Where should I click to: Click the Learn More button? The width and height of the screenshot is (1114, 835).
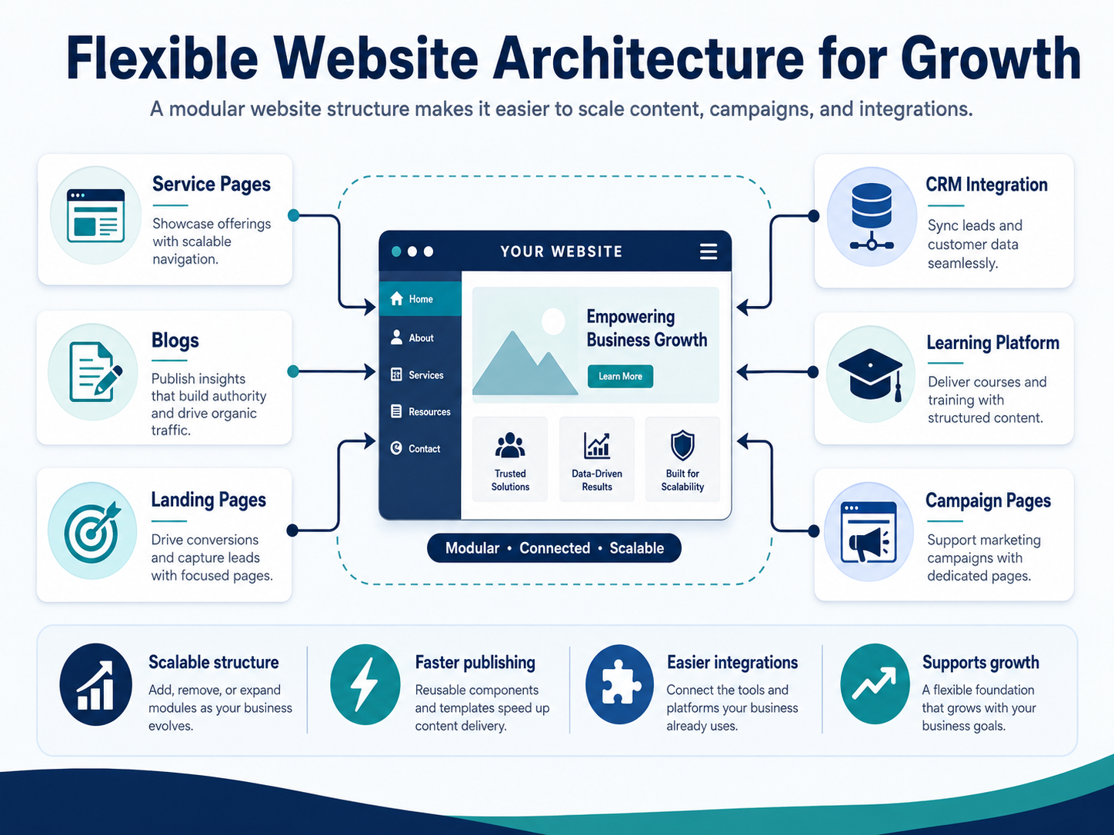click(620, 376)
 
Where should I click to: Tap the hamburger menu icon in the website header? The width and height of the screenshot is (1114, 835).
click(709, 251)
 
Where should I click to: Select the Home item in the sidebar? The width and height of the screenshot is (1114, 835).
click(420, 298)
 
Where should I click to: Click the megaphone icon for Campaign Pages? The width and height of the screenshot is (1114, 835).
click(869, 532)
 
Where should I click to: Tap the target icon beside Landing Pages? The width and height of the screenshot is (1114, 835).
click(92, 531)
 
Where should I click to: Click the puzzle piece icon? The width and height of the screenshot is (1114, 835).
click(619, 684)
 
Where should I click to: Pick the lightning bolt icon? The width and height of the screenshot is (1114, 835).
click(365, 684)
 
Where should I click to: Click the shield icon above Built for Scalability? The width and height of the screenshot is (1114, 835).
click(682, 444)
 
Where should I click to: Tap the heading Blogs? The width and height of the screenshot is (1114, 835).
click(175, 340)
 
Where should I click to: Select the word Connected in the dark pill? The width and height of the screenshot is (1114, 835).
click(555, 548)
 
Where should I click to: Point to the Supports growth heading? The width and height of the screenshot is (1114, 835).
click(981, 662)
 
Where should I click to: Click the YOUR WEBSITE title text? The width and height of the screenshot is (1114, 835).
click(562, 251)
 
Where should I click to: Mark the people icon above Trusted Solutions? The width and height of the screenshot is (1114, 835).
click(510, 446)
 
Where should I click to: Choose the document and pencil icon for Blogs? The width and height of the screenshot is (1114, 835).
click(95, 371)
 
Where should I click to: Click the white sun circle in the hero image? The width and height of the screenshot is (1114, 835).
click(553, 321)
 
